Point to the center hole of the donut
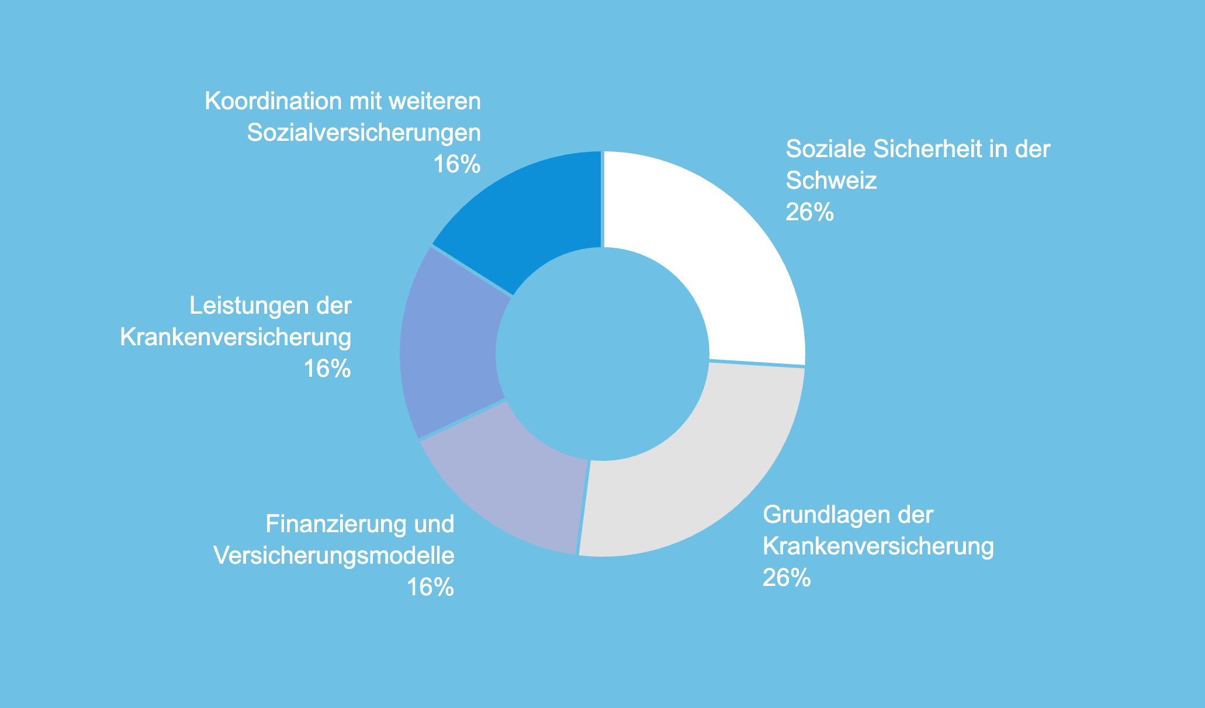(602, 354)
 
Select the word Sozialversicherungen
(364, 133)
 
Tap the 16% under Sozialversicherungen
(457, 165)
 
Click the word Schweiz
(832, 181)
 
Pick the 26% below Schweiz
(810, 212)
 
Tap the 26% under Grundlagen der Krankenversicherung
(787, 578)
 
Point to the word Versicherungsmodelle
(334, 556)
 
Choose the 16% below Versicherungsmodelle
(431, 587)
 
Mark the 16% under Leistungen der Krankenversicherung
(328, 369)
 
